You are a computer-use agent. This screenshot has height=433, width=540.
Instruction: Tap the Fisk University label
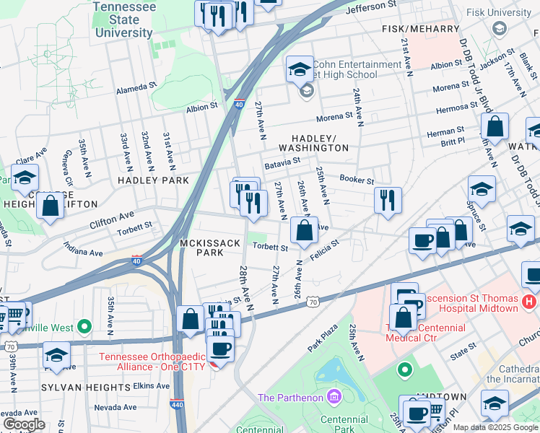[x=498, y=12]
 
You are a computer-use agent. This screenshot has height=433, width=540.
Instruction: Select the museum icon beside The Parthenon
[x=333, y=396]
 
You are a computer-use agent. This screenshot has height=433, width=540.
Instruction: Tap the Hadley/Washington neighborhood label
[x=320, y=142]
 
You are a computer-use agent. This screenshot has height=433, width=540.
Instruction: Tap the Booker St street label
[x=357, y=180]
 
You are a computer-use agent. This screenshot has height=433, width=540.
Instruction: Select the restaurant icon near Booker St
[x=388, y=200]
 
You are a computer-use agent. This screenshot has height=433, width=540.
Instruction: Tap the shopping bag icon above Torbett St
[x=305, y=231]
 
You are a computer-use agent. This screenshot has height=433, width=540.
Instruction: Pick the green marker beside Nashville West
[x=85, y=327]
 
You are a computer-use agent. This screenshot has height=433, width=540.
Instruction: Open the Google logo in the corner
[x=24, y=424]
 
